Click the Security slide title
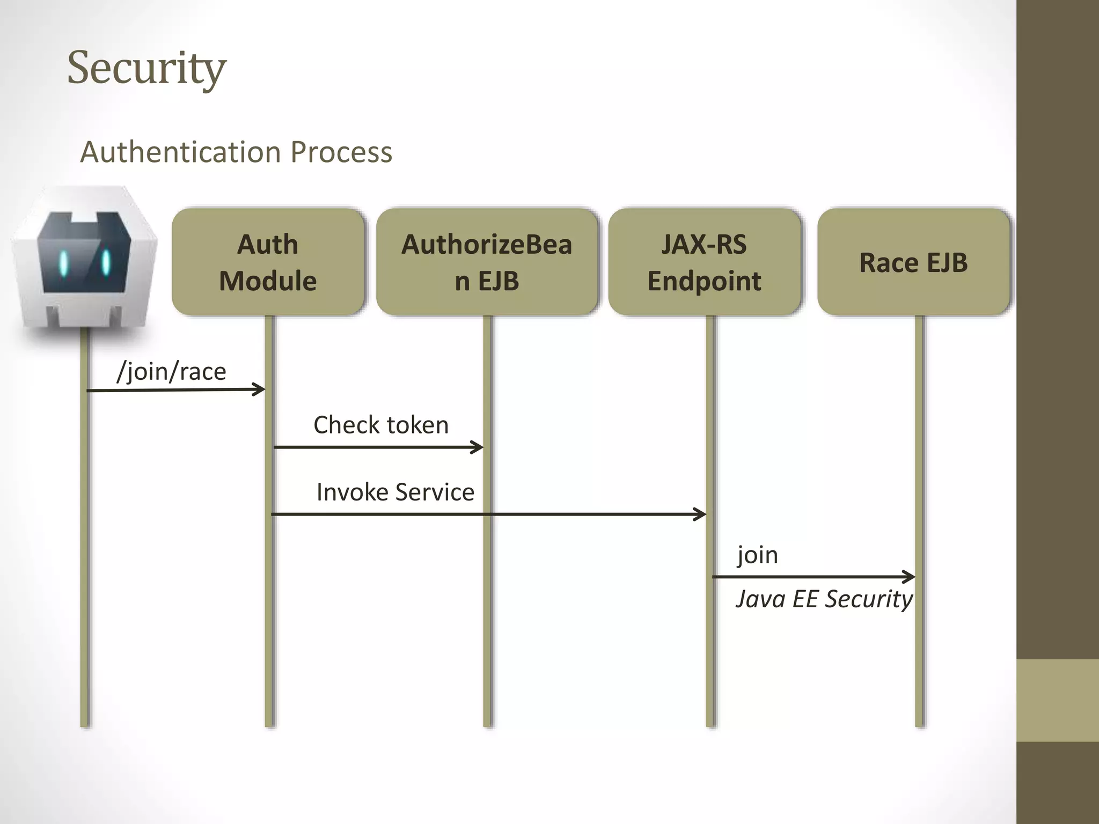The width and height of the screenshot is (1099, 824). coord(146,68)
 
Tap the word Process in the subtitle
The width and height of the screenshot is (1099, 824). coord(341,152)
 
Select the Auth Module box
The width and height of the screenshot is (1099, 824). coord(268,262)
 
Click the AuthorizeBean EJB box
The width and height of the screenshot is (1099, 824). coord(487,262)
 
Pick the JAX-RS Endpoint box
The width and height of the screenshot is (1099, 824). coord(704,262)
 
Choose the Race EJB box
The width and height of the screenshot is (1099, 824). coord(913,262)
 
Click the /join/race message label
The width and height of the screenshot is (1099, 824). coord(172,371)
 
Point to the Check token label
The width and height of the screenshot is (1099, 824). coord(381,425)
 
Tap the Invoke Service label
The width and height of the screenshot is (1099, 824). coord(395,492)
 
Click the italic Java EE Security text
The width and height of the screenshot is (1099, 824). coord(824,599)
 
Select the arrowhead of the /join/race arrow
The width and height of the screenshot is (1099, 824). coord(260,389)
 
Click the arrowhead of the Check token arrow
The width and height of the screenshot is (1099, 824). coord(478,447)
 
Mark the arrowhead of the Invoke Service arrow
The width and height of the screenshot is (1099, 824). coord(700,514)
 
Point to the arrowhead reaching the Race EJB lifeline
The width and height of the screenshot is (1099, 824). coord(909,577)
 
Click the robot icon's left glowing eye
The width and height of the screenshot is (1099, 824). coord(64,263)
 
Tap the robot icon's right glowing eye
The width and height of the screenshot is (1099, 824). coord(106,262)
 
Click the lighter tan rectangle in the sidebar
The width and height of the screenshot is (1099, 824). coord(1057,700)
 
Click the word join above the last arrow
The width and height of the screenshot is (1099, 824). coord(757,555)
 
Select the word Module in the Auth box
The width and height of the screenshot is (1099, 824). coord(268,281)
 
